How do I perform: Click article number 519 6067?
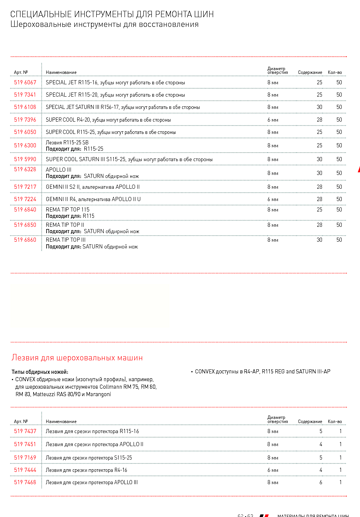pyautogui.click(x=25, y=82)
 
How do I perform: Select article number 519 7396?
pyautogui.click(x=25, y=120)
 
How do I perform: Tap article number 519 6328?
pyautogui.click(x=25, y=169)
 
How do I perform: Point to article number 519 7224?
pyautogui.click(x=25, y=199)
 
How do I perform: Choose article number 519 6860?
pyautogui.click(x=25, y=240)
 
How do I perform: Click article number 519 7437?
pyautogui.click(x=25, y=431)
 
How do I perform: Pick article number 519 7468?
pyautogui.click(x=25, y=482)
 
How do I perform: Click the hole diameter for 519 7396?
pyautogui.click(x=273, y=120)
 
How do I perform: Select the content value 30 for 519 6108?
pyautogui.click(x=319, y=107)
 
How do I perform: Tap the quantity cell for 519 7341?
pyautogui.click(x=339, y=95)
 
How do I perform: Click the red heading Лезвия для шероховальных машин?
pyautogui.click(x=77, y=358)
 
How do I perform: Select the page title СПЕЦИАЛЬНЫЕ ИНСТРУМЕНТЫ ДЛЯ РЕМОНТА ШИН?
pyautogui.click(x=112, y=14)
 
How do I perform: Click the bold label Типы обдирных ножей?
pyautogui.click(x=40, y=372)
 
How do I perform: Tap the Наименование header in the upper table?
pyautogui.click(x=61, y=72)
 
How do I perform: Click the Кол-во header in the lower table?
pyautogui.click(x=335, y=422)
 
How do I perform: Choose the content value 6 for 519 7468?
pyautogui.click(x=321, y=482)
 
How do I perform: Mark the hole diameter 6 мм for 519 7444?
pyautogui.click(x=273, y=470)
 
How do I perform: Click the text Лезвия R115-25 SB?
pyautogui.click(x=67, y=142)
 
